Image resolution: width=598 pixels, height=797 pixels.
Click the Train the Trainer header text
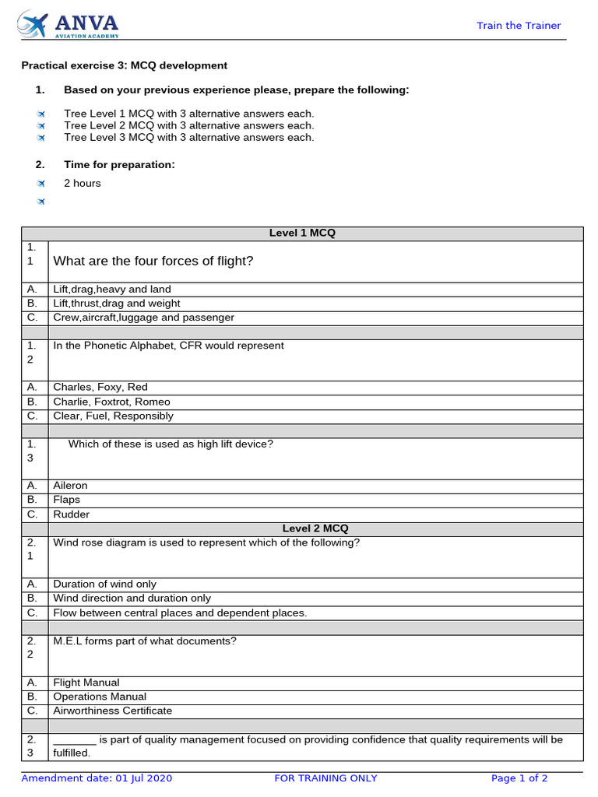tap(519, 26)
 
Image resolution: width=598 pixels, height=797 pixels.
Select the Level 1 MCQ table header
tap(302, 233)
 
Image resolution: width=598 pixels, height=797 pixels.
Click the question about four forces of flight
tap(153, 262)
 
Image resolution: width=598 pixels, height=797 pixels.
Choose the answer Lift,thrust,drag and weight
tap(116, 304)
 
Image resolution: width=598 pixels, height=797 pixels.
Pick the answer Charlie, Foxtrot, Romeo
tap(111, 402)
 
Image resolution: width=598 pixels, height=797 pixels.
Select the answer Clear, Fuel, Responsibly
tap(113, 416)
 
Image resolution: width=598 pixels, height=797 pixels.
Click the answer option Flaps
tap(66, 500)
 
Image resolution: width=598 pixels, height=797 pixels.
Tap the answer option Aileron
tap(70, 486)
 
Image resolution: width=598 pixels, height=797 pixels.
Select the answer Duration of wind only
tap(104, 584)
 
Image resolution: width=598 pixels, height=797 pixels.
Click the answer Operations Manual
tap(100, 697)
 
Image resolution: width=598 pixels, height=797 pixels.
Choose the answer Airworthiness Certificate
tap(113, 711)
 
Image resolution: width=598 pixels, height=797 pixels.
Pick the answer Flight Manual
tap(86, 683)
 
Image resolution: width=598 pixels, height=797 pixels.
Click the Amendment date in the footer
tap(97, 778)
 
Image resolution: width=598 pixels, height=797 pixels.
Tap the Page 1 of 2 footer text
tap(519, 778)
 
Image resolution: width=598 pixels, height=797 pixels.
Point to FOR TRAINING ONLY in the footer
tap(326, 778)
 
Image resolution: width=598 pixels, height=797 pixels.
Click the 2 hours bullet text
tap(82, 184)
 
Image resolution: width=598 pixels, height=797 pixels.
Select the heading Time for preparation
tap(119, 164)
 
